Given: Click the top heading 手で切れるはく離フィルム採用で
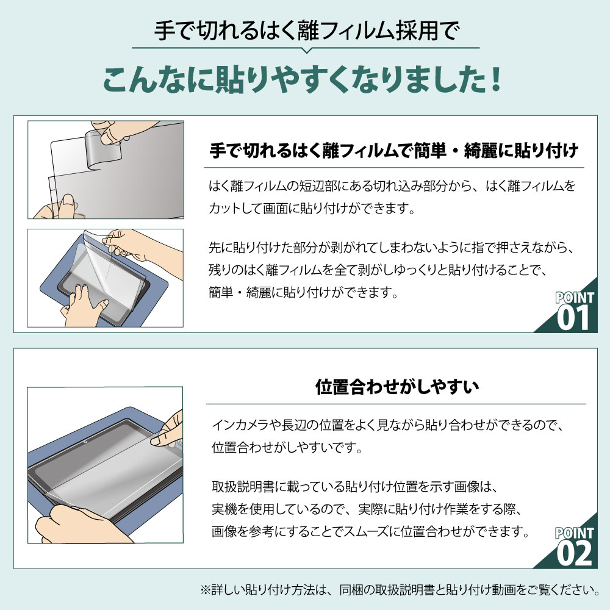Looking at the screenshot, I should (x=305, y=30).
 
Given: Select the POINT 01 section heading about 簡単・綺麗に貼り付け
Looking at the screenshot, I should (x=393, y=150).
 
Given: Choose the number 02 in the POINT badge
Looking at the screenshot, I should (x=574, y=554).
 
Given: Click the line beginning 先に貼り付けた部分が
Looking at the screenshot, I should (x=390, y=249).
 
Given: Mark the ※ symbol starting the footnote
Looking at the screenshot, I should (x=205, y=590).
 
